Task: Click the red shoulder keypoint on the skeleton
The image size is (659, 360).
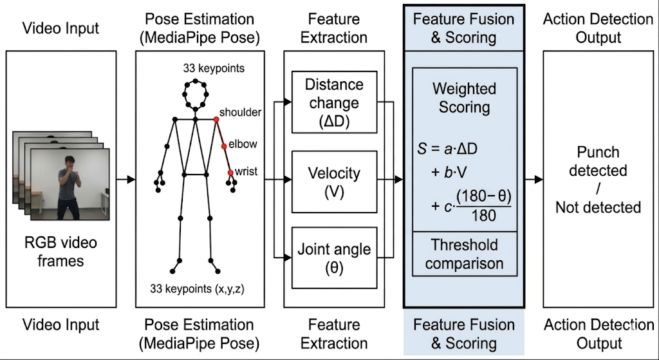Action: (216, 120)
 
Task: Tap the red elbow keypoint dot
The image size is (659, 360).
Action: (224, 146)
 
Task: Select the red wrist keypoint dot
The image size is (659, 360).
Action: (230, 173)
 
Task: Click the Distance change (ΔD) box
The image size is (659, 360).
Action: (335, 102)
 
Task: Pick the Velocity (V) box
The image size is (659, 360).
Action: (335, 182)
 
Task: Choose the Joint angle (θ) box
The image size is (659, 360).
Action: (335, 258)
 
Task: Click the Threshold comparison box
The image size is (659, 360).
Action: (465, 254)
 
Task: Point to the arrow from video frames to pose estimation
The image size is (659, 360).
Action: (126, 180)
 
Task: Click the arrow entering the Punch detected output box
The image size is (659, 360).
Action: (534, 180)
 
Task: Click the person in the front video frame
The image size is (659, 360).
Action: (69, 187)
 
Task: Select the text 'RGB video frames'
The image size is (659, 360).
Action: (60, 252)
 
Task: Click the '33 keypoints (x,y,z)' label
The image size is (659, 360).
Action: (197, 289)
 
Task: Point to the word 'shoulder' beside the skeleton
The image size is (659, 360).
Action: (241, 113)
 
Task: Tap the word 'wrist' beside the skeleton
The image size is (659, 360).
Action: (246, 172)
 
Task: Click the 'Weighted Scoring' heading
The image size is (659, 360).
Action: (465, 98)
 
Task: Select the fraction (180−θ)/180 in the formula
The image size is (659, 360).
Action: (483, 206)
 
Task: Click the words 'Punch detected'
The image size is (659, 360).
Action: (598, 162)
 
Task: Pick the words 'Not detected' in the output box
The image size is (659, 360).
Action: (598, 207)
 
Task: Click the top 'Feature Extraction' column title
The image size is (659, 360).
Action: (334, 28)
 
